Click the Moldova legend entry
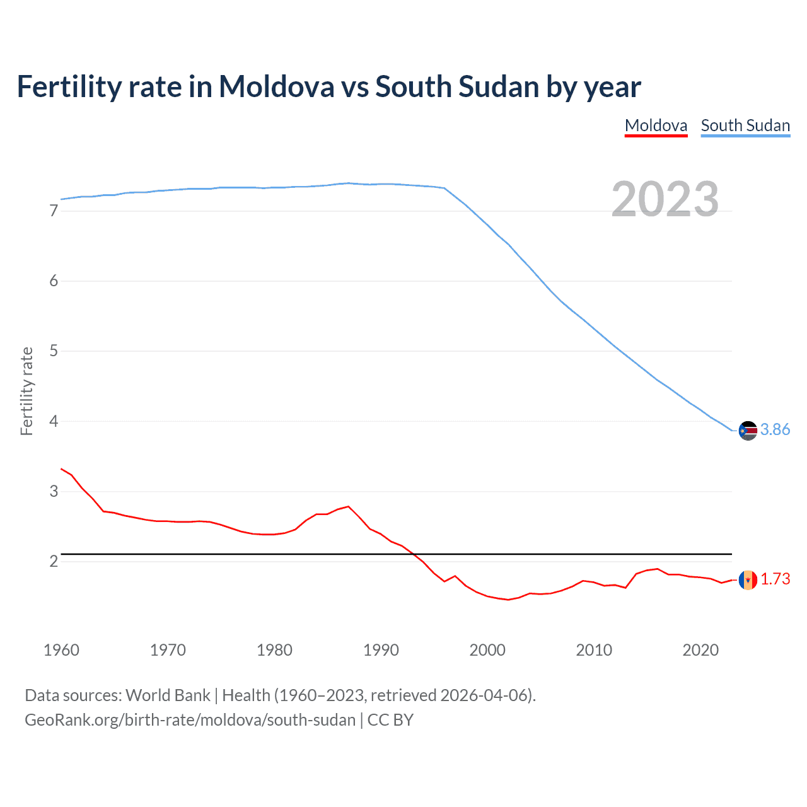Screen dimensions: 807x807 tap(656, 125)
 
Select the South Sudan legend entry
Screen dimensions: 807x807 tap(745, 125)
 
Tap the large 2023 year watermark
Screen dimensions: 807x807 tap(665, 199)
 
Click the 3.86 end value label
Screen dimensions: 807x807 tap(775, 430)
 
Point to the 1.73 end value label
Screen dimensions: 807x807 tap(775, 579)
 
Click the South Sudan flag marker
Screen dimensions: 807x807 tap(748, 431)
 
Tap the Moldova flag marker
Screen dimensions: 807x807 tap(748, 579)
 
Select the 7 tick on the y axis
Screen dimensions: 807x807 tap(54, 211)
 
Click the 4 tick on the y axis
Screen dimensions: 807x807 tap(54, 421)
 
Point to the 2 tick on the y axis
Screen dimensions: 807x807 tap(54, 561)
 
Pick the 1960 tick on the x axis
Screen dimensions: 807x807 tap(61, 650)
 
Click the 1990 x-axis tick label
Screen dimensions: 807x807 tap(381, 650)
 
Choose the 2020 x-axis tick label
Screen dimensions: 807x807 tap(700, 650)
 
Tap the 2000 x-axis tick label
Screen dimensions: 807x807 tap(487, 650)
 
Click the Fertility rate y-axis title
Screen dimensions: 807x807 tap(26, 391)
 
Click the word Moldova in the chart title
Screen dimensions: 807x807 tap(276, 87)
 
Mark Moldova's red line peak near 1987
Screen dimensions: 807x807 tap(348, 506)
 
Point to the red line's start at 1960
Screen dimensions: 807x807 tap(61, 468)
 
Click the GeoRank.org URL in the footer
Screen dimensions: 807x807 tap(190, 720)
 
